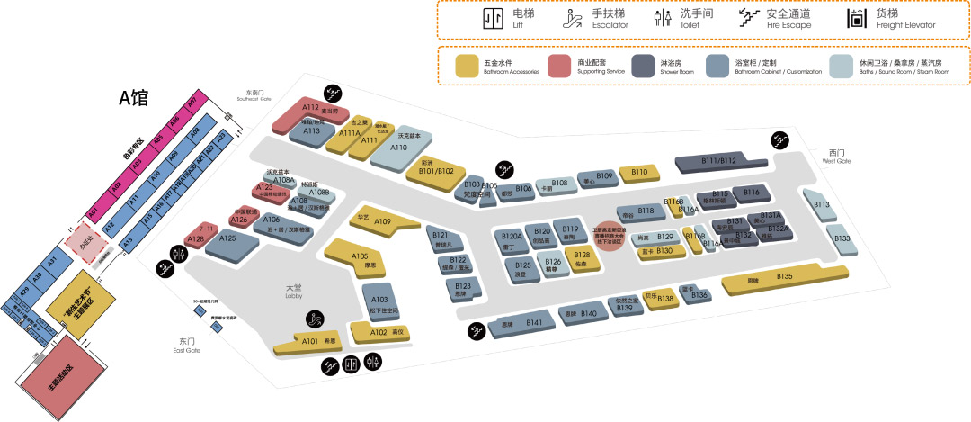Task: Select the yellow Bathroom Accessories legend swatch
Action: point(467,67)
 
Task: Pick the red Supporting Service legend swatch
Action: point(560,67)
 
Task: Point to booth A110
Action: point(398,149)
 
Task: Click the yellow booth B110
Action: point(639,172)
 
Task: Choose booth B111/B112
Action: point(717,162)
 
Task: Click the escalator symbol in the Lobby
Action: point(315,318)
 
